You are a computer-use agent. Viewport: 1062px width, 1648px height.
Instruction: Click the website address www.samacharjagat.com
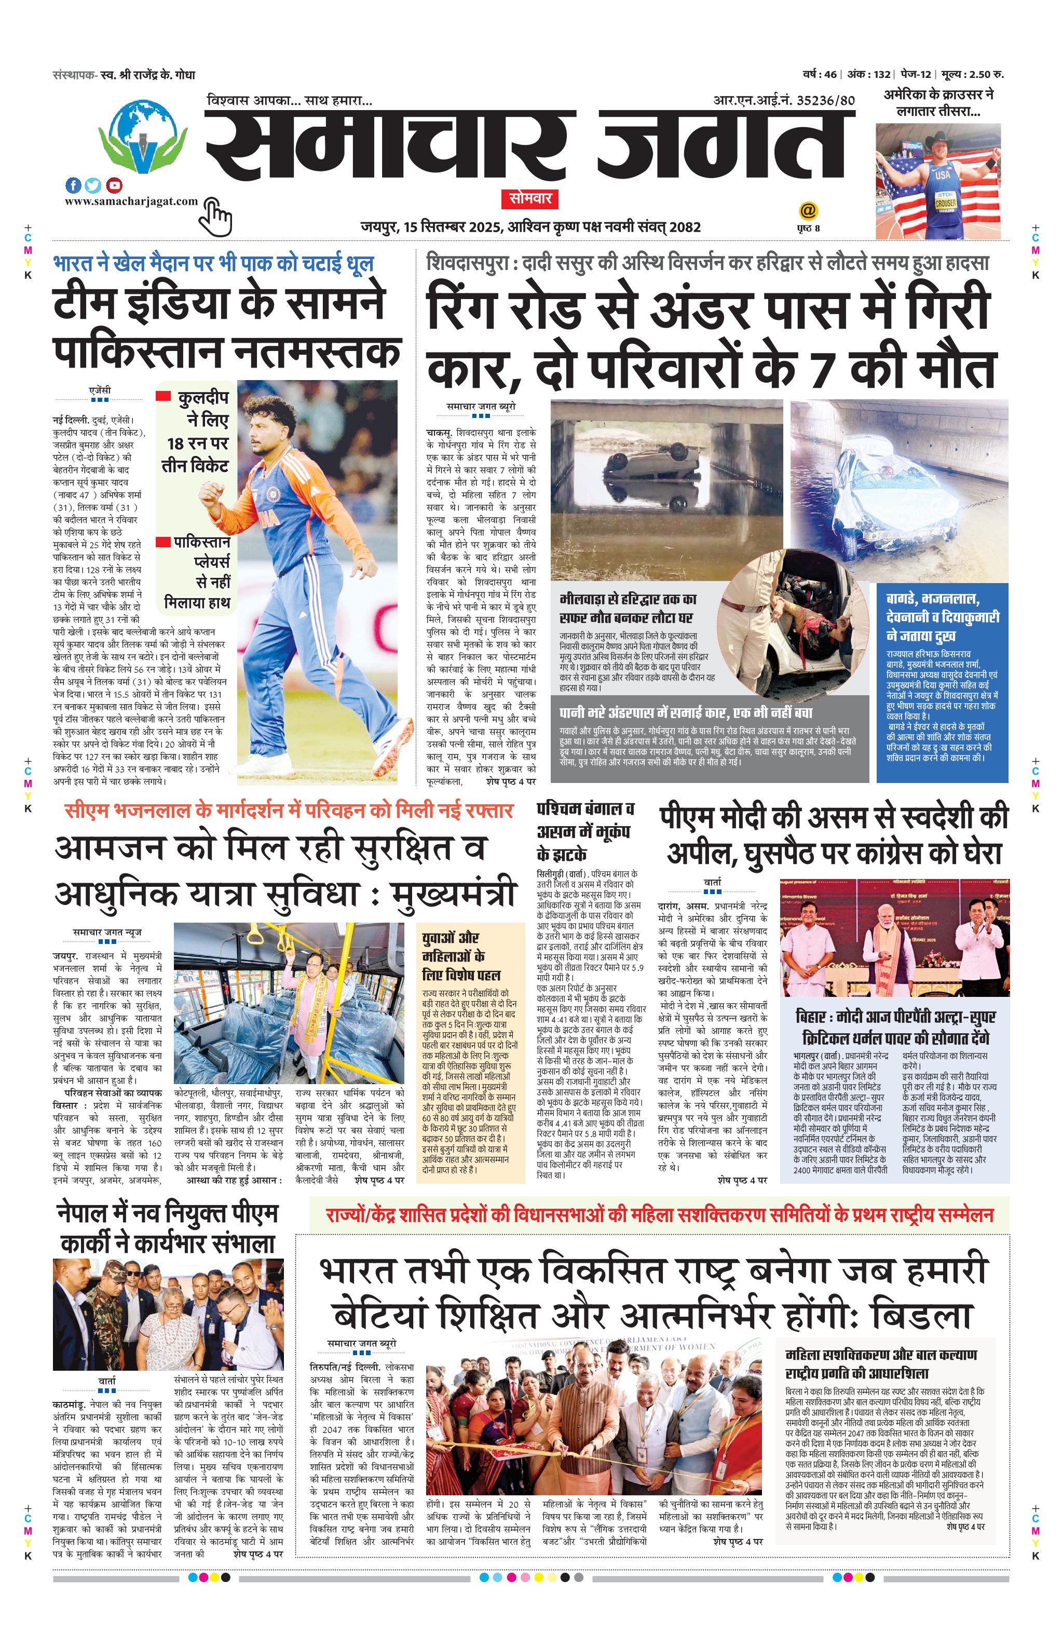[x=131, y=201]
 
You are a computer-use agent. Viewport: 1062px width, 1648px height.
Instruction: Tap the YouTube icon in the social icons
[x=115, y=185]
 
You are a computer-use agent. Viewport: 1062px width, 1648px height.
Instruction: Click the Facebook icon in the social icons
[x=73, y=185]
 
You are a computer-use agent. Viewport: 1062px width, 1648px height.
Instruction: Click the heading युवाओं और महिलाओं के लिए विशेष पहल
[x=461, y=956]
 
